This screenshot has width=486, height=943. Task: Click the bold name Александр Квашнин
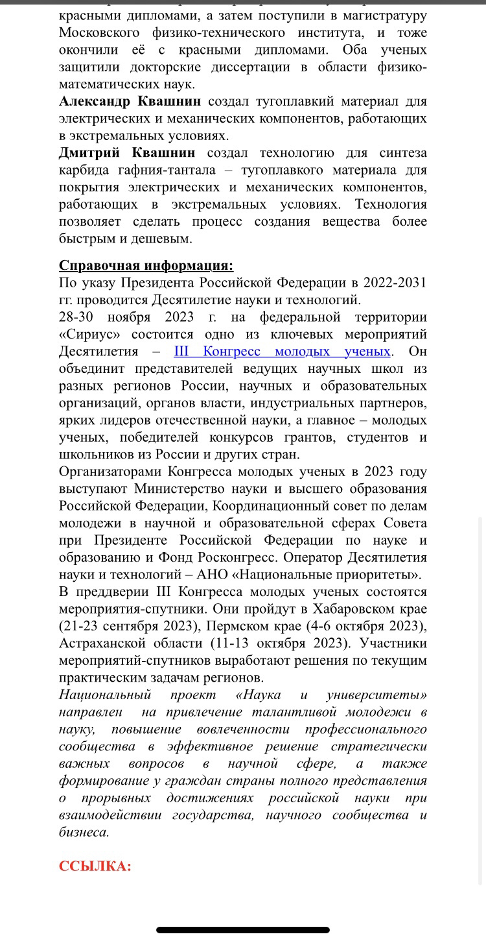130,101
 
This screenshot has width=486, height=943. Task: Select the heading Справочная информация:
146,265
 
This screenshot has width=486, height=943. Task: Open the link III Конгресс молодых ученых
282,352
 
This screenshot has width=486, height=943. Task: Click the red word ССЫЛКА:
95,866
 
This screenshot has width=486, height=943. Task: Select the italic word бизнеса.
84,832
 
